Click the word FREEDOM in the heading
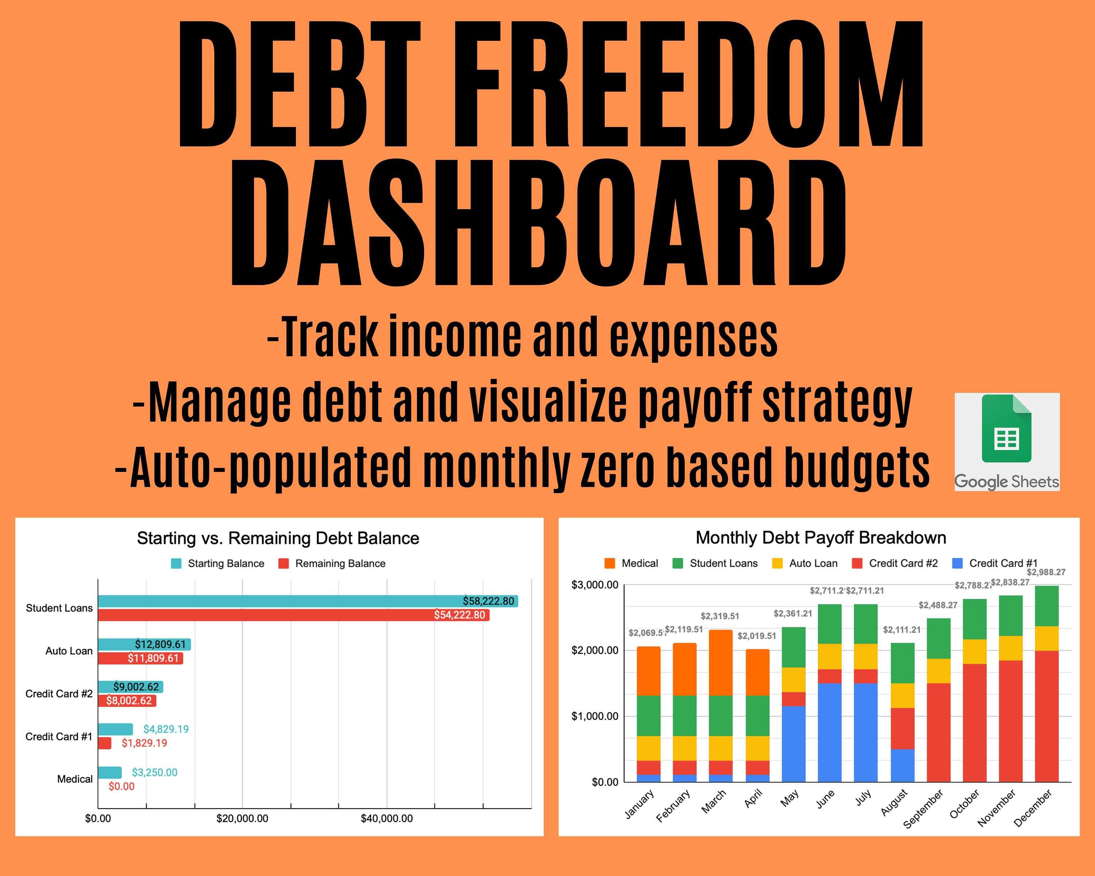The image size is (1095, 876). (688, 84)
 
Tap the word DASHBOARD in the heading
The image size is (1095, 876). (538, 222)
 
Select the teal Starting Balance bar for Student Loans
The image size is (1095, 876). (308, 601)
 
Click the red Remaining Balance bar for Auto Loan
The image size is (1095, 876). (140, 658)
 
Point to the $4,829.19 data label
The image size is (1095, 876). (166, 729)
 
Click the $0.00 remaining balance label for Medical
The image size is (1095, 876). (122, 786)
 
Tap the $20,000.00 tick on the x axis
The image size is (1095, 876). (242, 818)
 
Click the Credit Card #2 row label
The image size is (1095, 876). (59, 694)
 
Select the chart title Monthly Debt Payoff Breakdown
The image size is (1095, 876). (821, 537)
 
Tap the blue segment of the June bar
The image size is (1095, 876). (829, 732)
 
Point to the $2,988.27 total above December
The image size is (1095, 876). (1046, 572)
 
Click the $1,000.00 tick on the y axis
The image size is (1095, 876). (595, 716)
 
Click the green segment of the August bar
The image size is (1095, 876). (903, 663)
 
